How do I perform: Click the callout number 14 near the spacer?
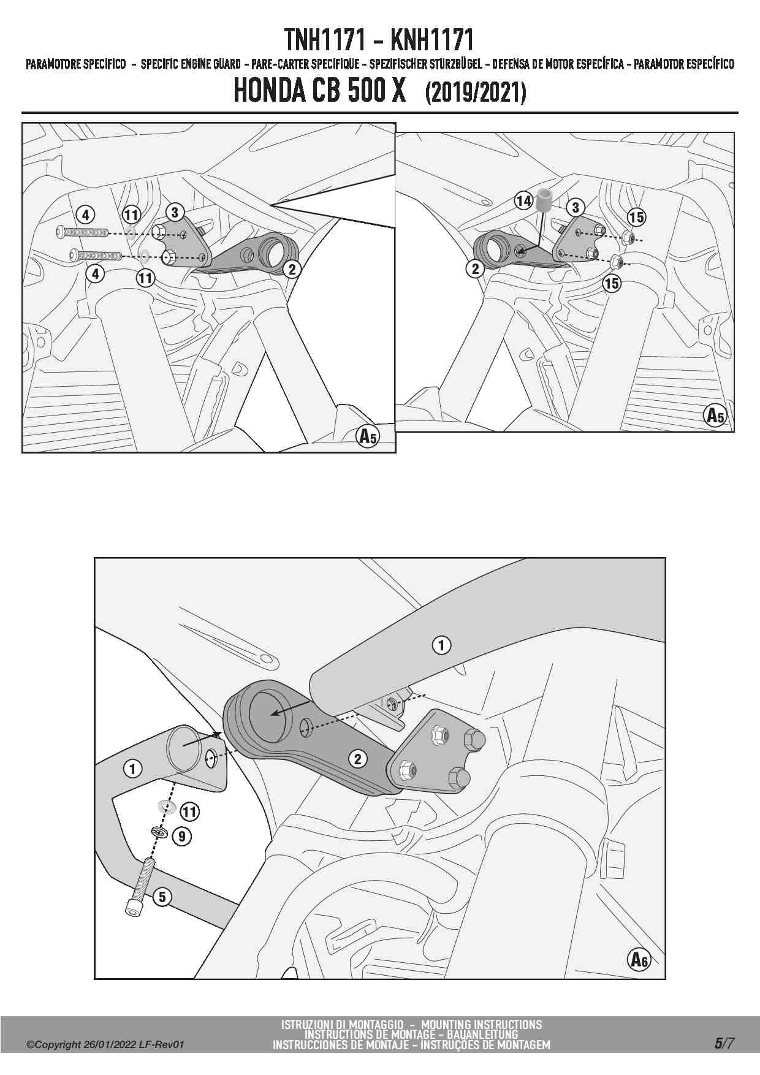(523, 200)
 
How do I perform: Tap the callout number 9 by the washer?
(182, 835)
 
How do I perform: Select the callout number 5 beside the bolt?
(162, 897)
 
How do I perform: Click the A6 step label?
(639, 959)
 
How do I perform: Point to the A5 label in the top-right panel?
(715, 416)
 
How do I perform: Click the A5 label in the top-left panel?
(368, 436)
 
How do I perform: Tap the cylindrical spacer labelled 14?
(543, 200)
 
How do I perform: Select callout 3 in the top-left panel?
(175, 212)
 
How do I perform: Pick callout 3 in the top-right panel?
(575, 207)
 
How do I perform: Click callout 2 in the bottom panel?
(357, 759)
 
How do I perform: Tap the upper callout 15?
(636, 216)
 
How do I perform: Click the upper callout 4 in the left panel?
(86, 215)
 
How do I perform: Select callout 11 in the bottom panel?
(189, 812)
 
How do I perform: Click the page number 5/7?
(723, 1043)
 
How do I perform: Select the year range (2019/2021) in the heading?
(475, 93)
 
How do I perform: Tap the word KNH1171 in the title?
(431, 40)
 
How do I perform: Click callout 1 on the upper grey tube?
(441, 645)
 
